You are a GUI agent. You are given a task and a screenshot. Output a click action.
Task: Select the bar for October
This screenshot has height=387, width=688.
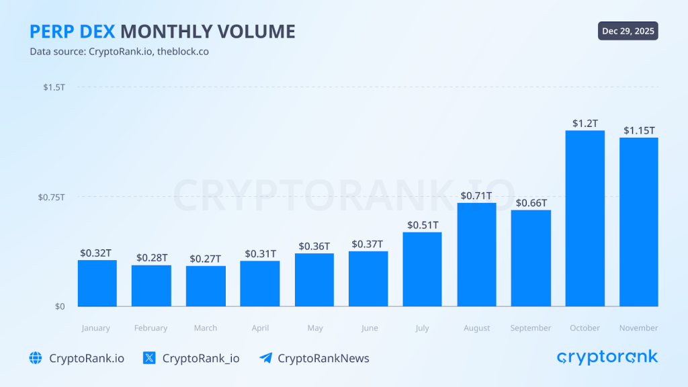pyautogui.click(x=585, y=218)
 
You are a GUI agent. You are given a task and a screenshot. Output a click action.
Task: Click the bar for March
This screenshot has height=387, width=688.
pyautogui.click(x=206, y=286)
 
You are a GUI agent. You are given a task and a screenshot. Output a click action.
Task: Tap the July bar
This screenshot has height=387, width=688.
pyautogui.click(x=422, y=269)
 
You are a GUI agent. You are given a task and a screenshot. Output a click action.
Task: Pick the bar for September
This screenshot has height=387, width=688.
pyautogui.click(x=531, y=258)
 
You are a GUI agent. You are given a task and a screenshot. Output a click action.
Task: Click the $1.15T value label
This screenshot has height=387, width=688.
pyautogui.click(x=639, y=130)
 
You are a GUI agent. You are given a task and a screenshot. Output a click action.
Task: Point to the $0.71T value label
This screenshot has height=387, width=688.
pyautogui.click(x=476, y=196)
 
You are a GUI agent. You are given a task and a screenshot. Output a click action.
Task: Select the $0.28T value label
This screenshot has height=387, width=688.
pyautogui.click(x=152, y=258)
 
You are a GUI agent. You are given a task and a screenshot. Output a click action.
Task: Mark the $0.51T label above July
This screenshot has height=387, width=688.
pyautogui.click(x=423, y=225)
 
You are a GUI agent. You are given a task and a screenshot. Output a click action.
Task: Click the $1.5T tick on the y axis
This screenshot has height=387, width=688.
pyautogui.click(x=54, y=87)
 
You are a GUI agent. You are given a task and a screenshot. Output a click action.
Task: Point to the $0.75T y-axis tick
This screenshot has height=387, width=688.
pyautogui.click(x=52, y=197)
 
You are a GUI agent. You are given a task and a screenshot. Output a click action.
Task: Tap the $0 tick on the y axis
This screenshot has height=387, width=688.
pyautogui.click(x=60, y=306)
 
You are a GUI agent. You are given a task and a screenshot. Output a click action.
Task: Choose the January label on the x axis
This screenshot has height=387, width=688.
pyautogui.click(x=96, y=328)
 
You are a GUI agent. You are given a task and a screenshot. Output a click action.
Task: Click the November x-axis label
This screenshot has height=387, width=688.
pyautogui.click(x=639, y=328)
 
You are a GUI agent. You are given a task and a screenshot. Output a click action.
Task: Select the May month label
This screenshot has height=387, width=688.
pyautogui.click(x=314, y=328)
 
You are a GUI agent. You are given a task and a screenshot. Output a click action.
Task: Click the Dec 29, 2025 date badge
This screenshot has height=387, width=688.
pyautogui.click(x=628, y=31)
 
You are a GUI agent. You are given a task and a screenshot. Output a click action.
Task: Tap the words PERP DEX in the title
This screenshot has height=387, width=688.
pyautogui.click(x=72, y=32)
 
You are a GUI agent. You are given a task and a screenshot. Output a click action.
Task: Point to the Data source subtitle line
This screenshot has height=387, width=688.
pyautogui.click(x=119, y=52)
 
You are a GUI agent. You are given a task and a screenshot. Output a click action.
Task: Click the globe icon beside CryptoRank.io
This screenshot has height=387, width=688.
pyautogui.click(x=36, y=358)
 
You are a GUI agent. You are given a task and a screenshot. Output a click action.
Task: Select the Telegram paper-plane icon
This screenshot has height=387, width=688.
pyautogui.click(x=265, y=358)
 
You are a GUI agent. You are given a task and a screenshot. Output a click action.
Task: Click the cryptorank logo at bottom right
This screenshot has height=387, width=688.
pyautogui.click(x=607, y=357)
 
